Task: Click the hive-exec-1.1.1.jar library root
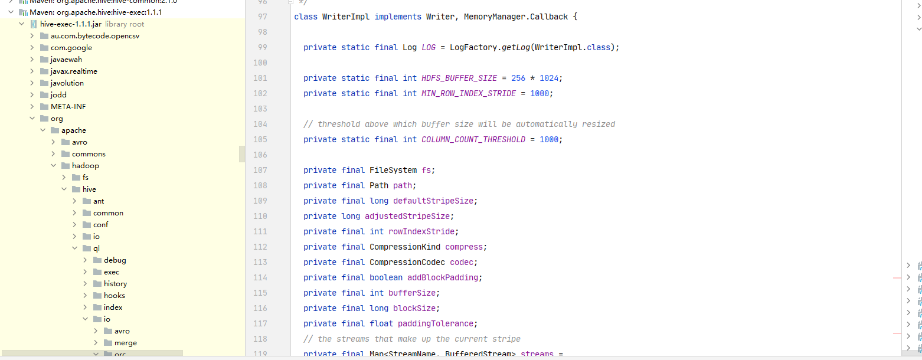coord(71,24)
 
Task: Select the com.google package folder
coord(71,48)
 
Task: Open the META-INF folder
coord(68,107)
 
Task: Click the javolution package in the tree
coord(67,83)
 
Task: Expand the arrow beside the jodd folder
coord(32,95)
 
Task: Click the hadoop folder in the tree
coord(85,166)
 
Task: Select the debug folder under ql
coord(115,260)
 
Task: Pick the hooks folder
coord(114,296)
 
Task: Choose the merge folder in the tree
coord(125,343)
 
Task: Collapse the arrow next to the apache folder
coord(43,130)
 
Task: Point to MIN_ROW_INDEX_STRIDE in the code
coord(469,93)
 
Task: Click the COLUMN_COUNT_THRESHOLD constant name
coord(473,139)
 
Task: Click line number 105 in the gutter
coord(260,139)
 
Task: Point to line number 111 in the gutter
coord(260,231)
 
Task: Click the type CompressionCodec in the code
coord(407,262)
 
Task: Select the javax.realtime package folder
coord(74,71)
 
